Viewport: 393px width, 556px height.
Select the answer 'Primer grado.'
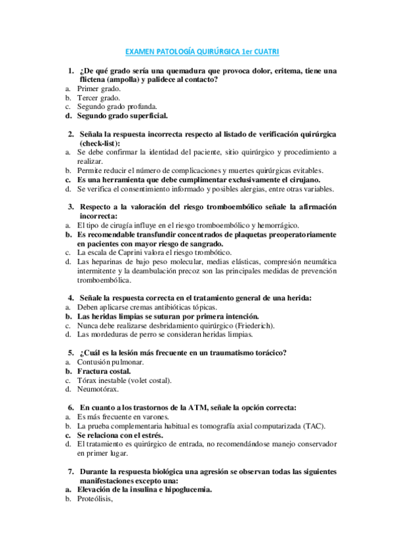(98, 89)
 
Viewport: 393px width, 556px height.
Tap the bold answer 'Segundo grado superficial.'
(122, 116)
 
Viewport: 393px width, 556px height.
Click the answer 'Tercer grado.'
(98, 98)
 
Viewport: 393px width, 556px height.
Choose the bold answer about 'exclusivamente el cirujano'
(198, 180)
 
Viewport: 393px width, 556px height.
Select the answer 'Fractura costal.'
(99, 370)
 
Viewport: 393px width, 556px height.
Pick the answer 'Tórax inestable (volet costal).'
(125, 380)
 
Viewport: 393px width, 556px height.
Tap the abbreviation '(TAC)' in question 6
(316, 426)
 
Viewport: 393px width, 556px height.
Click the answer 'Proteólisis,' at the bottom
(95, 498)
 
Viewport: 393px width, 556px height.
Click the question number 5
(71, 352)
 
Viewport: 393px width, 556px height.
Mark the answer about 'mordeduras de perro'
(164, 334)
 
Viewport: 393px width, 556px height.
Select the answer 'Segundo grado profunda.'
(113, 107)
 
